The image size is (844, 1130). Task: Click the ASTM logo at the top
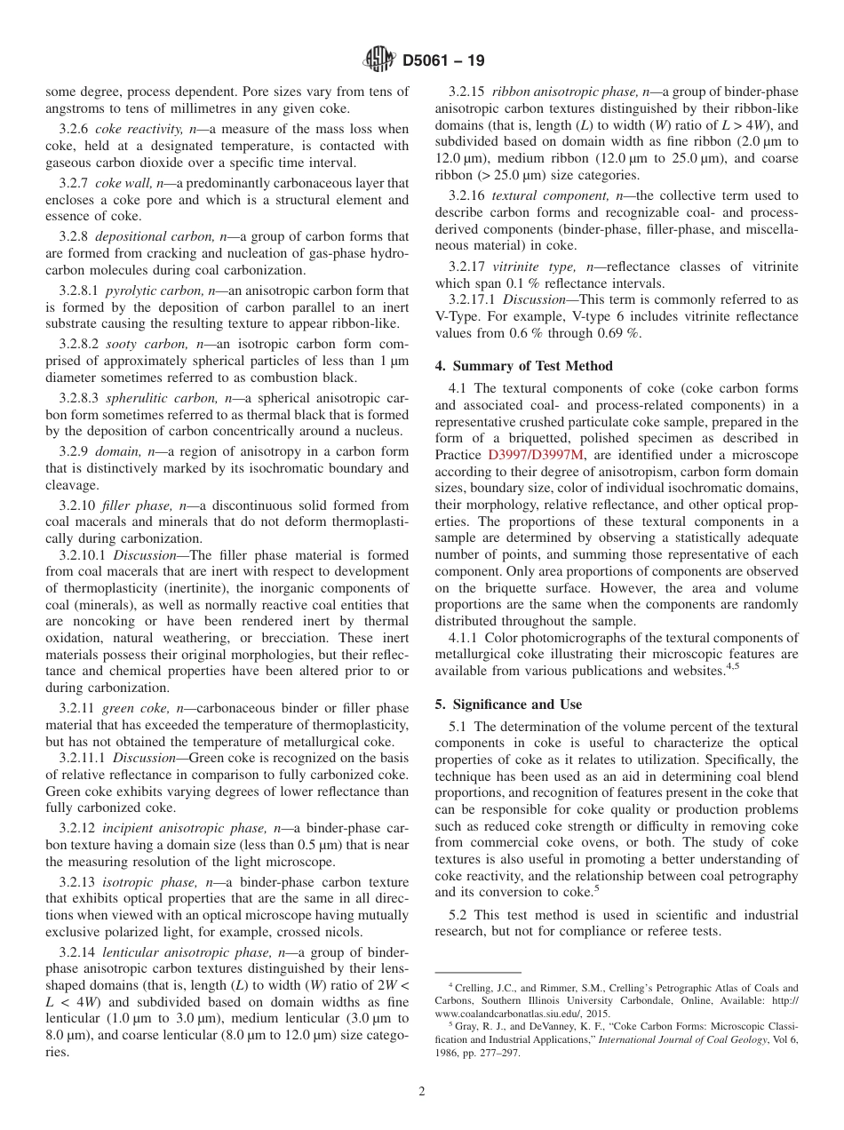[x=379, y=61]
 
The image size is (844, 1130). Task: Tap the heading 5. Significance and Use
[x=508, y=704]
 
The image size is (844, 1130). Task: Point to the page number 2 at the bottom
[x=422, y=1092]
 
